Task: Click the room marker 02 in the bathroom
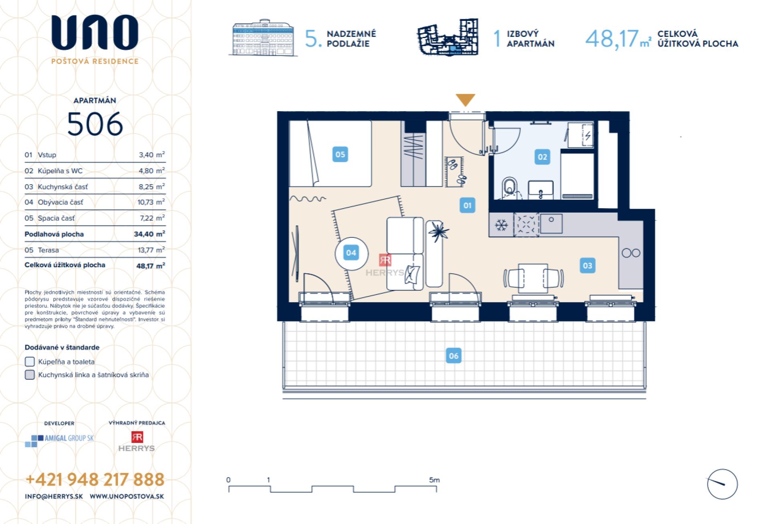click(x=542, y=157)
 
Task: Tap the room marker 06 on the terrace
click(x=454, y=355)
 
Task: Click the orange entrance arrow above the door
click(x=465, y=100)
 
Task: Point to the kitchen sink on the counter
click(x=551, y=224)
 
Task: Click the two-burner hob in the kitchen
click(x=631, y=253)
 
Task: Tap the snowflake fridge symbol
click(x=501, y=225)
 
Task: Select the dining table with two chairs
click(x=533, y=278)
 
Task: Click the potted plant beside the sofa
click(x=438, y=232)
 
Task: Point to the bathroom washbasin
click(x=541, y=190)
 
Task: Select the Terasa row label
click(x=48, y=250)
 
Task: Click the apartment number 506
click(x=95, y=124)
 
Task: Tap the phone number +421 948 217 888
click(x=95, y=479)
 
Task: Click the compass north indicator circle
click(x=722, y=484)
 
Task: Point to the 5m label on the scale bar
click(x=434, y=480)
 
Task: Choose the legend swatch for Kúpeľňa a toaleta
click(x=30, y=362)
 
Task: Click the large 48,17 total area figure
click(x=612, y=39)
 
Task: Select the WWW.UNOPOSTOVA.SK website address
click(x=127, y=496)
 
